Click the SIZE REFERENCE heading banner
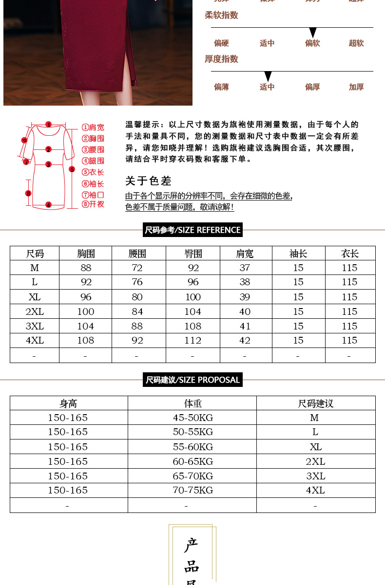coord(192,230)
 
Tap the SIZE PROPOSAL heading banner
coord(192,380)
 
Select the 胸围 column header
coord(86,254)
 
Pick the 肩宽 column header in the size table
coord(245,254)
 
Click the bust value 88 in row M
coord(86,268)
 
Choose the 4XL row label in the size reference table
coord(35,340)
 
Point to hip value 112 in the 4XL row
coord(193,340)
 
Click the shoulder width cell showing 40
coord(245,311)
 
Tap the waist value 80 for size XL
coord(137,297)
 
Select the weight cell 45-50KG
coord(192,418)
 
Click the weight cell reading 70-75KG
coord(192,490)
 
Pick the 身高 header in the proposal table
coord(68,403)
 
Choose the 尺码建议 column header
coord(315,403)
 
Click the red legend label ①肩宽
coord(93,128)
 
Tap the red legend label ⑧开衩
coord(93,204)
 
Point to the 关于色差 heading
coord(149,181)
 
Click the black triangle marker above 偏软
coord(313,33)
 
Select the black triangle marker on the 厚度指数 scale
coord(267,76)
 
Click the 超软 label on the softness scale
coord(356,43)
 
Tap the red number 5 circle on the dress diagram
coord(72,169)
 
